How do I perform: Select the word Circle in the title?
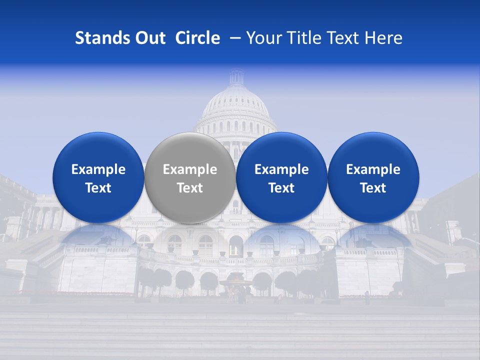point(197,38)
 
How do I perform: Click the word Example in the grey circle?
point(190,169)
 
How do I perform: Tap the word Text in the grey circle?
point(190,188)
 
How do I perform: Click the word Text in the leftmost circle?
point(98,188)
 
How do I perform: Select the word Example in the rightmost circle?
point(373,169)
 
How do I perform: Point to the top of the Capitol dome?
point(236,75)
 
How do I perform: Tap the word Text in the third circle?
point(281,188)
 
